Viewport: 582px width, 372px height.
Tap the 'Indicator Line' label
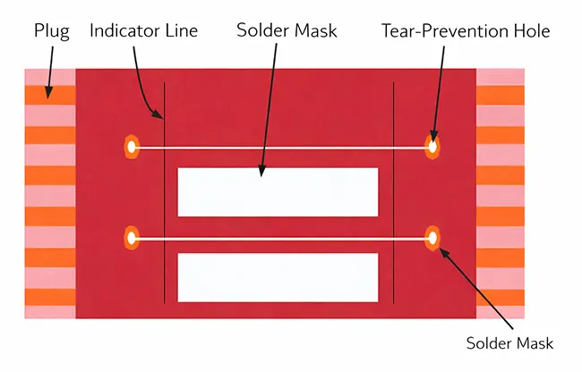[x=143, y=30]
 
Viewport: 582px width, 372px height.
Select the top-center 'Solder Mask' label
[x=287, y=30]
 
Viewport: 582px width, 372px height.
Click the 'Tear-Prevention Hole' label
[x=465, y=30]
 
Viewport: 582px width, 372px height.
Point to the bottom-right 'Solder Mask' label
[x=510, y=343]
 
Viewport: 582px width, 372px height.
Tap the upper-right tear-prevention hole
[x=432, y=146]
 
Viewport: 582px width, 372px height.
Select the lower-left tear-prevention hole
[x=132, y=238]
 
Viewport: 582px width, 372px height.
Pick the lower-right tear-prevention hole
[x=432, y=238]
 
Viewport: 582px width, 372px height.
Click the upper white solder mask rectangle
[x=278, y=192]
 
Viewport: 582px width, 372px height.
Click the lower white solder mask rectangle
[x=278, y=277]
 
